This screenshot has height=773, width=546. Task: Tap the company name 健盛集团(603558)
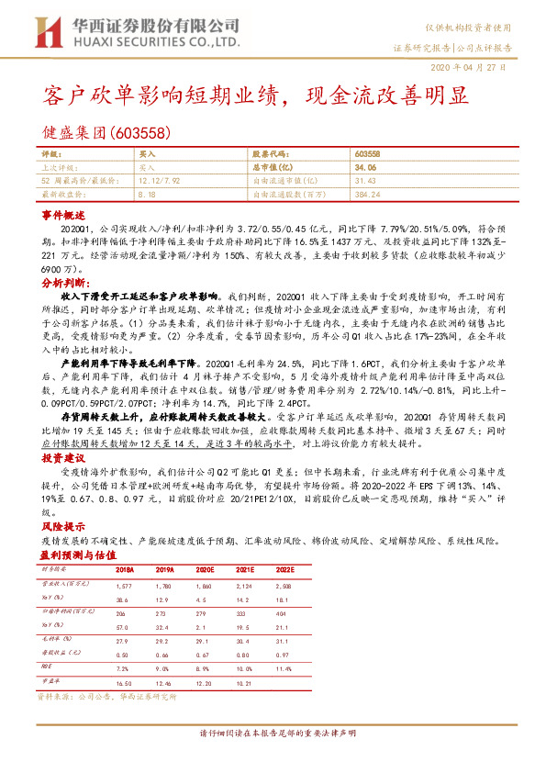click(106, 133)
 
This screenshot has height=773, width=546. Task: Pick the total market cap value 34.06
click(366, 169)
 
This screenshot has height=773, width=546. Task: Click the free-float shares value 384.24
click(367, 195)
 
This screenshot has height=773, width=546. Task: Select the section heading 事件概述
click(62, 212)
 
